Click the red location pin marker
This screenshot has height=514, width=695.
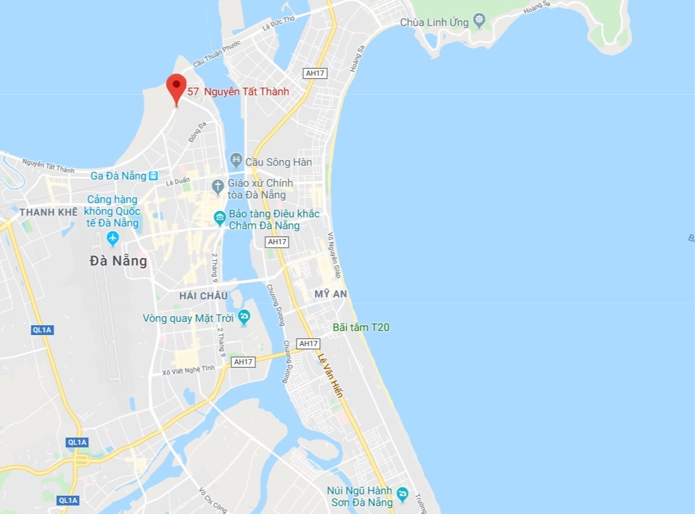tap(176, 87)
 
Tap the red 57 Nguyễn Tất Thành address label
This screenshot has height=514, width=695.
tap(238, 92)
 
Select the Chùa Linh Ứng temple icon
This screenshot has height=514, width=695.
tap(480, 21)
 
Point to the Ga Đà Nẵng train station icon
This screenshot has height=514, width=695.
tap(153, 176)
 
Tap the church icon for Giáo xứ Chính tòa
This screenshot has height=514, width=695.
tap(219, 187)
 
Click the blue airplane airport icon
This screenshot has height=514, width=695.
tap(113, 239)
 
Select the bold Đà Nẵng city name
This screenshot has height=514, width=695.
tap(118, 261)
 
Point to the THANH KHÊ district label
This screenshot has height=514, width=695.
tap(48, 212)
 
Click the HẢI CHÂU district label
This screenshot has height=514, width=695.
tap(204, 296)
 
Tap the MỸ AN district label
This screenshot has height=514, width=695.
tap(331, 294)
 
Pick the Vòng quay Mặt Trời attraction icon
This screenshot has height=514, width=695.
tap(244, 317)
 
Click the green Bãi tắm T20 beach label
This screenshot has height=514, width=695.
tap(361, 327)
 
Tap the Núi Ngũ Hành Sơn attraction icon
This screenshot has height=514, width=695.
tap(403, 494)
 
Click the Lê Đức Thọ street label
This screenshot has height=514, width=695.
tap(278, 23)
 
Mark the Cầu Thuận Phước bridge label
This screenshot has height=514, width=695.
tap(217, 53)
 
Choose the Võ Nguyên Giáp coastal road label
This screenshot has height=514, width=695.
tap(334, 255)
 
